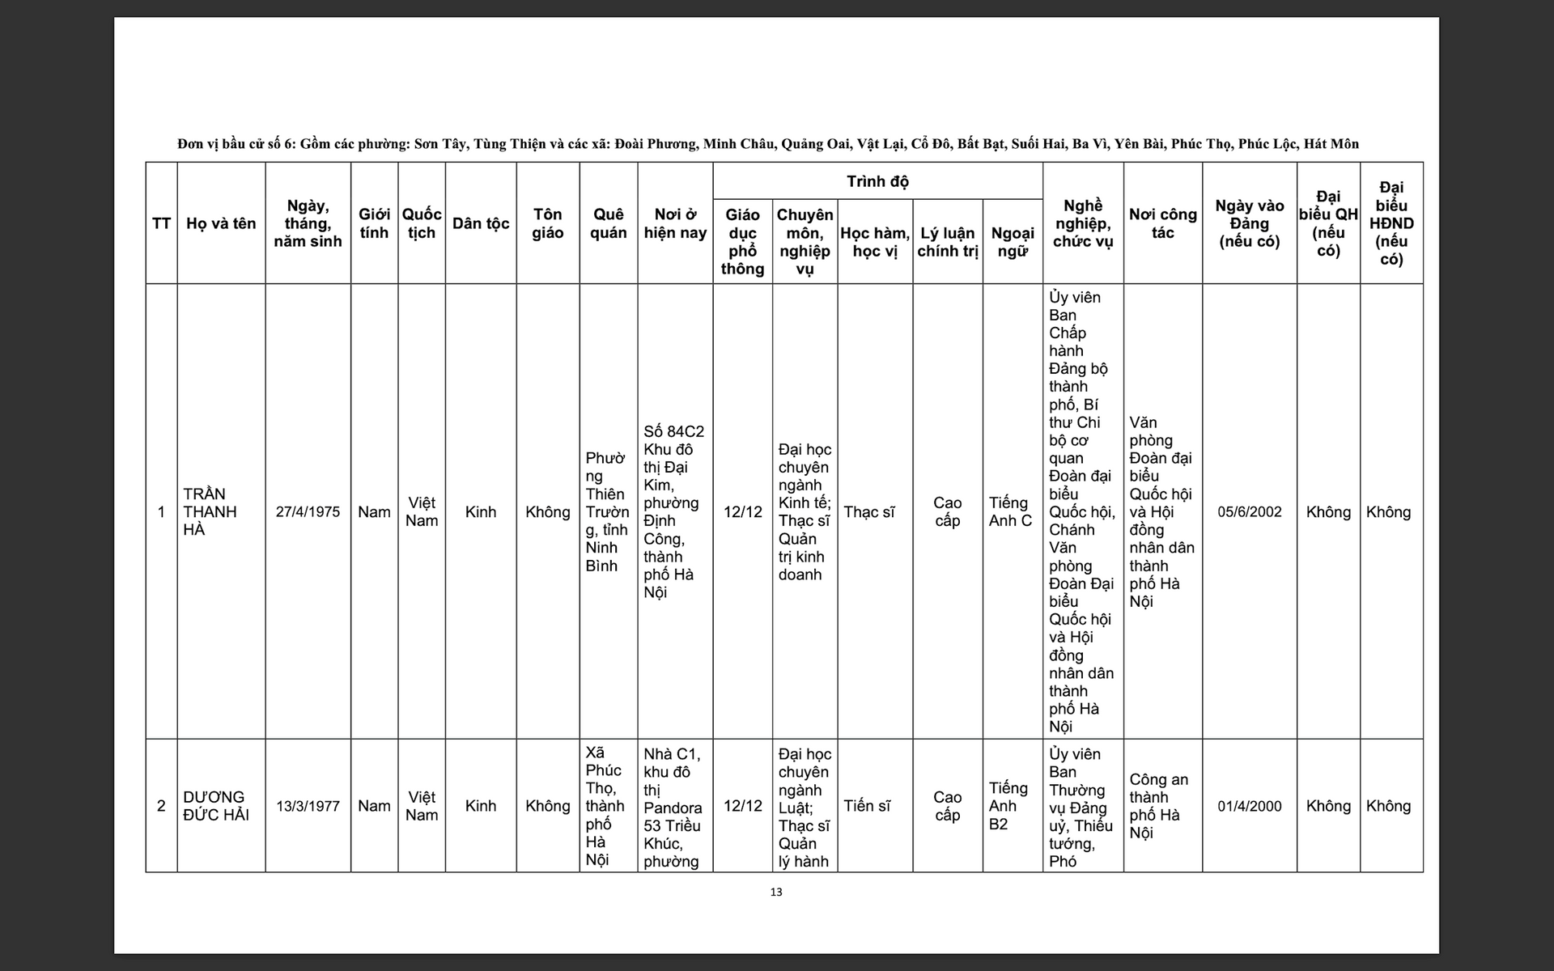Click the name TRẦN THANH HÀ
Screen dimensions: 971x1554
[x=210, y=511]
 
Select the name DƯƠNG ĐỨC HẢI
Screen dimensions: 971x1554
[x=215, y=806]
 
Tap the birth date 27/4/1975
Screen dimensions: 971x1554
[x=308, y=512]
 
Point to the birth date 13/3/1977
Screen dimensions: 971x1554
[x=308, y=806]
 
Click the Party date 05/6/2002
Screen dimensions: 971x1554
[x=1249, y=512]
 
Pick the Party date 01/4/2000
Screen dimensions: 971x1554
[x=1249, y=806]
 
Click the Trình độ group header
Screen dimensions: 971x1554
[x=877, y=181]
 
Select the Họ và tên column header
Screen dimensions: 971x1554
[x=221, y=223]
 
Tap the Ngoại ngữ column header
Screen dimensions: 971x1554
[x=1013, y=242]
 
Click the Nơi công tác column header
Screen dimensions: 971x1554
[x=1162, y=223]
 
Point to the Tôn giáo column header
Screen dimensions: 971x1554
[x=547, y=223]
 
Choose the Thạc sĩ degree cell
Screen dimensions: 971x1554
[x=868, y=512]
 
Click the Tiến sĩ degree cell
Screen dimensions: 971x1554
[x=867, y=806]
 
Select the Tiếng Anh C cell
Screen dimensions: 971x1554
[x=1010, y=512]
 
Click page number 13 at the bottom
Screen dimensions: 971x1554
[x=776, y=893]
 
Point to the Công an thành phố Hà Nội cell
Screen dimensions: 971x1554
[x=1158, y=806]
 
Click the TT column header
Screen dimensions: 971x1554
[x=161, y=223]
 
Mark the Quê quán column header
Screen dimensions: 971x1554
[x=608, y=223]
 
